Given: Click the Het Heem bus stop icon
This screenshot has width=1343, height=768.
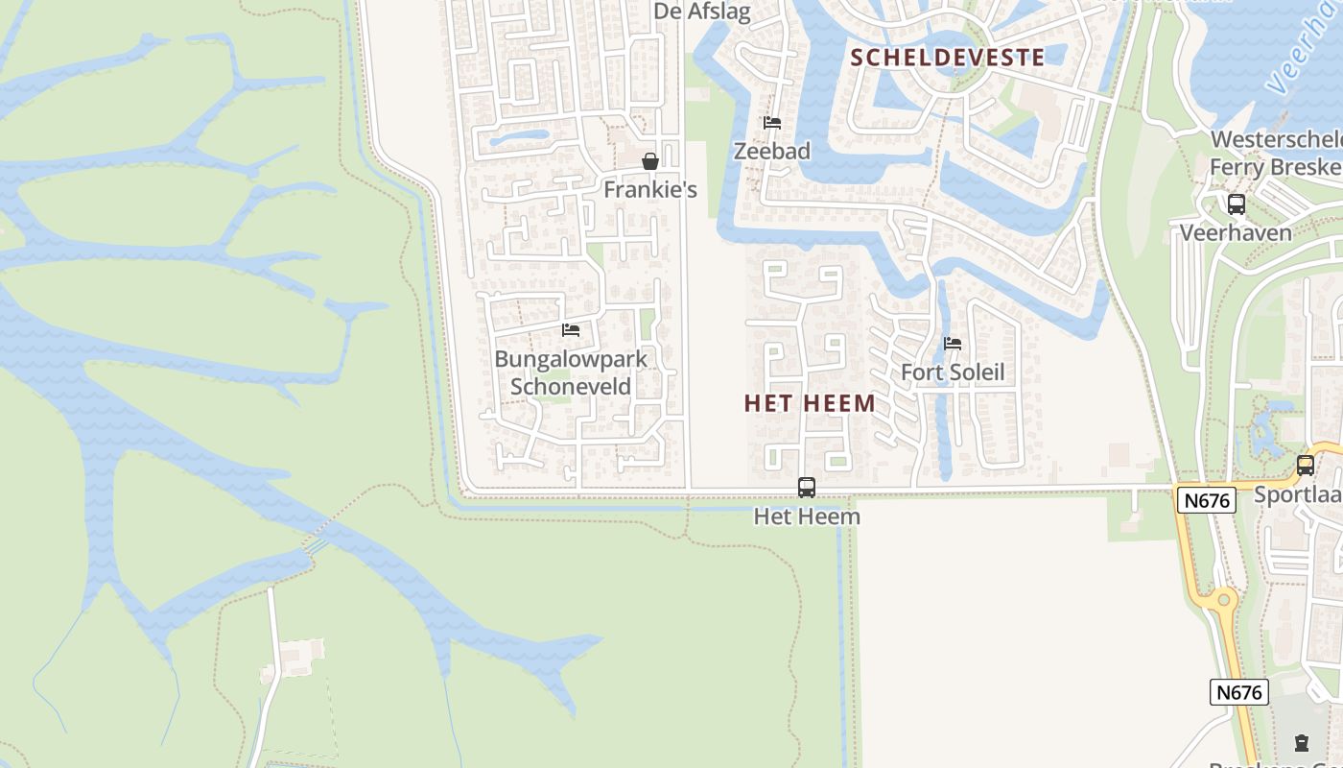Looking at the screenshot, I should (807, 488).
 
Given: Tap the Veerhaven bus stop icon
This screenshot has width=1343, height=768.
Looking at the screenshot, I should (1237, 204).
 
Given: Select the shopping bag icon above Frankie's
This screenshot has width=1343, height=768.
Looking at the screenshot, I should (650, 161).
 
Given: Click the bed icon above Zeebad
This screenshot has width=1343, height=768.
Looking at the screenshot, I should (771, 123).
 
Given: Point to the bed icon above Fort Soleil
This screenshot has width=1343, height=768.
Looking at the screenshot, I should (953, 344).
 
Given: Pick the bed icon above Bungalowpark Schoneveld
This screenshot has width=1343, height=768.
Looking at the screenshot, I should (571, 330).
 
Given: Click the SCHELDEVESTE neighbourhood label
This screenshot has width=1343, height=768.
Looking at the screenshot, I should (948, 57).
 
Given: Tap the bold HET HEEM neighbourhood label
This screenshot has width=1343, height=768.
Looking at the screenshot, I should (810, 403).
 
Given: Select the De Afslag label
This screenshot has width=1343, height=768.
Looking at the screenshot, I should (702, 12).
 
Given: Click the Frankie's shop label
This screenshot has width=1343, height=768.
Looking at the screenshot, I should (650, 190).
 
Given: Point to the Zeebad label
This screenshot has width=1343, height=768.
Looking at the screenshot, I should (772, 151).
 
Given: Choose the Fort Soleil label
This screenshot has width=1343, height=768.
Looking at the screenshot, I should (953, 372).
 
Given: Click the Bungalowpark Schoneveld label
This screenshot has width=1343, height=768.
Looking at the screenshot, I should (571, 372).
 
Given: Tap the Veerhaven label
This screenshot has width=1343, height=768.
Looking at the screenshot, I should (1236, 232).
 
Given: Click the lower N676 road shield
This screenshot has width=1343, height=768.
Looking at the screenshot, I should (1239, 692).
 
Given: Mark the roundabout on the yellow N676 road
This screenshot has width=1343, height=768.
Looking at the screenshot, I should (1222, 601).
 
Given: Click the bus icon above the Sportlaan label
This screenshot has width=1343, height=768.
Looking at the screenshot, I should (1306, 466).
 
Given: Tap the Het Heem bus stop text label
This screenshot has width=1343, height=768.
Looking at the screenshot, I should (807, 516).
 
